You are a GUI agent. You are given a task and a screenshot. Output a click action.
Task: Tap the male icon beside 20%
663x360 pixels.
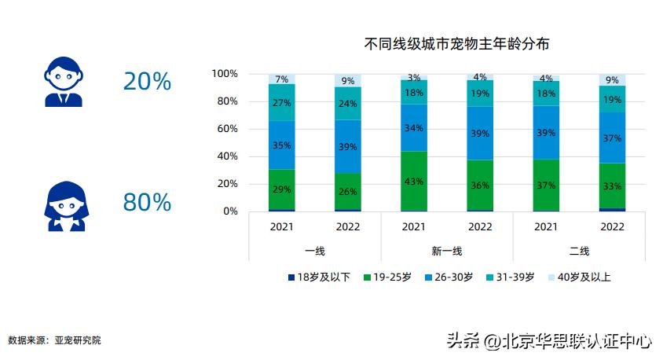tap(64, 81)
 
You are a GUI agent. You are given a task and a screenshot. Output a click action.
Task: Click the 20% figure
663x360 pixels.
tap(147, 81)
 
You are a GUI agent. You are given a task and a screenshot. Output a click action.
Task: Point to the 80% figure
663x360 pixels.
tap(147, 203)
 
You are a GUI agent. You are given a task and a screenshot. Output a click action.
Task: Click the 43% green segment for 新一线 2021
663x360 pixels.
tap(414, 181)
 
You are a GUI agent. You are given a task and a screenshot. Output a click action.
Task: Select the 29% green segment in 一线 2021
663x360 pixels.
tap(281, 189)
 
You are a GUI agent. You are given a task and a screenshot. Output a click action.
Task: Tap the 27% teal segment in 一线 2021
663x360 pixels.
tap(281, 102)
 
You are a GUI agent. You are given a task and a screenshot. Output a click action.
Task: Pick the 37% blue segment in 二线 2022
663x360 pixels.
tap(612, 138)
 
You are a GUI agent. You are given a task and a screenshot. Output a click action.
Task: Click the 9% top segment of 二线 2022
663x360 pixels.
tap(612, 80)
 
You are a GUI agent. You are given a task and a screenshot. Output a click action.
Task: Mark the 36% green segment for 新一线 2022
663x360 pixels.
tap(480, 186)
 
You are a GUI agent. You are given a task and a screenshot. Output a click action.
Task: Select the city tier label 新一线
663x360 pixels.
tap(446, 251)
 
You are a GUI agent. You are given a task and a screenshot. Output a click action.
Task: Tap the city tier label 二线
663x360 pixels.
tap(579, 251)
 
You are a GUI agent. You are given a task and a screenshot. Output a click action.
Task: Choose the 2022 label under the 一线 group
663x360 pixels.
tap(347, 227)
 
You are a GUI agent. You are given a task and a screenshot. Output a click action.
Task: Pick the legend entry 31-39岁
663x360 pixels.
tap(510, 277)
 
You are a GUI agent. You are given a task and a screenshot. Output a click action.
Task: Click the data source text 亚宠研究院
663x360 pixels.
tap(78, 340)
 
